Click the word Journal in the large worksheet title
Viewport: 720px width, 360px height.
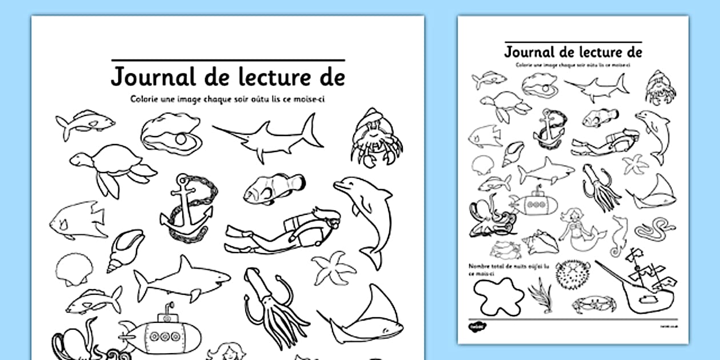pyautogui.click(x=150, y=77)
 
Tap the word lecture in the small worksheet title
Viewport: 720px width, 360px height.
pyautogui.click(x=588, y=52)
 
